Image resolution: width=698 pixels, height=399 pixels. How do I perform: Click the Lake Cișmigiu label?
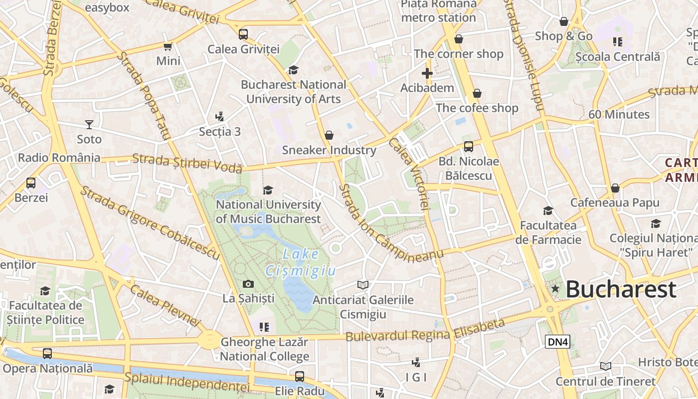[301, 262]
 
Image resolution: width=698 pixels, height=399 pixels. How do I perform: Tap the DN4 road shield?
[557, 342]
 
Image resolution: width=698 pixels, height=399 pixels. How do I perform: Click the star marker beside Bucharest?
[555, 289]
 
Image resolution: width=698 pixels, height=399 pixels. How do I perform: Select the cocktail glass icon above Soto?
[89, 124]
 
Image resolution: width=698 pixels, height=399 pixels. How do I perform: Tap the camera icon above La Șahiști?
[248, 284]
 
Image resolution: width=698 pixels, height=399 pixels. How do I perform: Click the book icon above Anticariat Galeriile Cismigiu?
[363, 285]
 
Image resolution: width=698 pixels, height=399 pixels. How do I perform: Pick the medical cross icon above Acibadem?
[427, 74]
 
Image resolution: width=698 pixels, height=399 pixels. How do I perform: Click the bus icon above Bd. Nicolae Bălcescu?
[468, 147]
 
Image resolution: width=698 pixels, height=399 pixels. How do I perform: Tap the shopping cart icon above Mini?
[168, 46]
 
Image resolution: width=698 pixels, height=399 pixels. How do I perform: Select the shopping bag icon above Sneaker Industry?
[329, 135]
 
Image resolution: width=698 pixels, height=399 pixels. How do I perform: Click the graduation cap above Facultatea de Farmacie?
[548, 211]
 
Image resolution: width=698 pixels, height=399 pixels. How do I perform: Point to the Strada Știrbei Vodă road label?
[187, 163]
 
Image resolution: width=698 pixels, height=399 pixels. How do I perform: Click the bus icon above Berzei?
[31, 183]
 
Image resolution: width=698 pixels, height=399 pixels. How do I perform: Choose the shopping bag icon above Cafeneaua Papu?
[615, 188]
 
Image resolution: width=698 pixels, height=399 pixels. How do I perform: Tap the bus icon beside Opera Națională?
[47, 354]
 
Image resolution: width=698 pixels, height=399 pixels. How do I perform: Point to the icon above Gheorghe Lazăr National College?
[264, 327]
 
